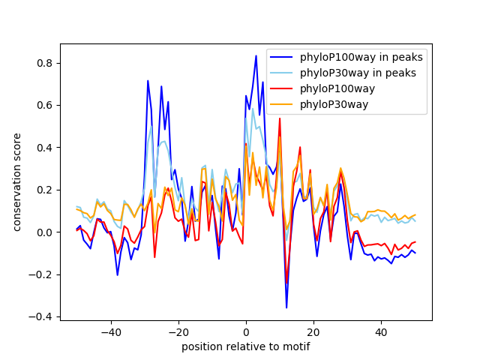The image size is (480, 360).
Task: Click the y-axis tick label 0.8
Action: click(x=45, y=63)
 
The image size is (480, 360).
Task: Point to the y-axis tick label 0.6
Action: click(x=45, y=106)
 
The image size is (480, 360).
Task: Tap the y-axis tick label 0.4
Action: click(x=45, y=148)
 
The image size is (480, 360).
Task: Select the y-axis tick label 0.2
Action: click(x=45, y=190)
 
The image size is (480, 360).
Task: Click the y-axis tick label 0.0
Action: click(x=45, y=232)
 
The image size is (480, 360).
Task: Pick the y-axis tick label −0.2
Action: click(x=40, y=274)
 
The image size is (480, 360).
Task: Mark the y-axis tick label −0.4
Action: click(x=40, y=316)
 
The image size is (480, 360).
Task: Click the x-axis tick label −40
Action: click(x=111, y=332)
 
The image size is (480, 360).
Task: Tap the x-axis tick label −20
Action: click(x=178, y=332)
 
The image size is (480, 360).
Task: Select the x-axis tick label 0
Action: click(x=246, y=332)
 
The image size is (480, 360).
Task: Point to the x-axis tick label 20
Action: click(x=313, y=332)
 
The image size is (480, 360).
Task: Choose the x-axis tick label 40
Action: click(x=381, y=332)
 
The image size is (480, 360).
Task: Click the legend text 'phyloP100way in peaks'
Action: click(x=361, y=57)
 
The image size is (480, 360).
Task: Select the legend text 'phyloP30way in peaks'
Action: click(x=358, y=73)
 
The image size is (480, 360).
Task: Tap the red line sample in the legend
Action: click(x=281, y=88)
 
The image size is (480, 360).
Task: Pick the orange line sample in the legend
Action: click(x=281, y=105)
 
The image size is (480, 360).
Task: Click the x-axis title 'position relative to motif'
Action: click(x=246, y=346)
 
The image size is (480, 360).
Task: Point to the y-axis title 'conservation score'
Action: click(x=16, y=182)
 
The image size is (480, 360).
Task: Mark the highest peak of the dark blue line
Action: click(x=256, y=56)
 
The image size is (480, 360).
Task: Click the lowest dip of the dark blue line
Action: click(x=286, y=307)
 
